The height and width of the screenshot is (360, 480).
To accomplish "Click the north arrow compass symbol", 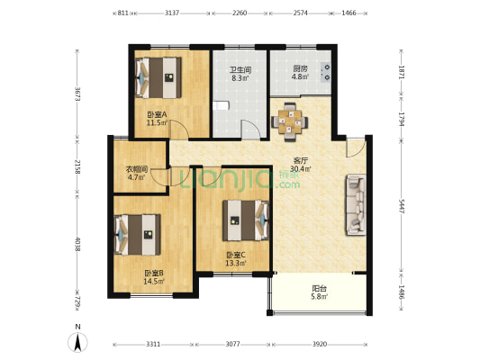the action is click(x=77, y=342).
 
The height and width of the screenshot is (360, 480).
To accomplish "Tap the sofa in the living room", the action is click(x=356, y=204).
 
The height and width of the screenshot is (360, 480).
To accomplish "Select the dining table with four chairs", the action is click(x=290, y=122).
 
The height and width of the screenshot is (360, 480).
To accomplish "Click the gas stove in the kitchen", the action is click(x=326, y=72).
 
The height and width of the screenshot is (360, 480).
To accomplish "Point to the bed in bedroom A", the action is click(x=158, y=77).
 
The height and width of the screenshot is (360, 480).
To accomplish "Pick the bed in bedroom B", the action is click(x=138, y=235).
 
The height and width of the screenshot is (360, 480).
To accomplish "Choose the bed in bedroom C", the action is click(x=246, y=220).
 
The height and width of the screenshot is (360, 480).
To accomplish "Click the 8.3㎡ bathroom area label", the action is click(x=240, y=78).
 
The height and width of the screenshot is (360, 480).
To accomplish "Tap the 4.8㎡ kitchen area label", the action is click(x=300, y=76).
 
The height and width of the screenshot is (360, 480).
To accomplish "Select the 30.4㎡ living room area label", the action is click(x=300, y=168).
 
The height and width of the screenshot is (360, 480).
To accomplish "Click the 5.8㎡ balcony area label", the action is click(x=320, y=296).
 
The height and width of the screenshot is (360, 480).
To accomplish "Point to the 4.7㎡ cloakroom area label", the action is click(x=136, y=177).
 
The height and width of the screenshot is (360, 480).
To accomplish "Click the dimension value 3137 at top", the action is click(x=172, y=13).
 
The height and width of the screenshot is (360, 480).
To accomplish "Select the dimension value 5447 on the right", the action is click(x=402, y=206).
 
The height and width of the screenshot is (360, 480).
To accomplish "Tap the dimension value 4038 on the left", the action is click(x=77, y=245).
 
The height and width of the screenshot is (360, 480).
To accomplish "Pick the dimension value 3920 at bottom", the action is click(x=320, y=345).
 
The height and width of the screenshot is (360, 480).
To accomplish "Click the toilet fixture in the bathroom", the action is click(x=221, y=105).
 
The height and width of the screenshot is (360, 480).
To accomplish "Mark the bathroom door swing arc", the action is click(x=251, y=129).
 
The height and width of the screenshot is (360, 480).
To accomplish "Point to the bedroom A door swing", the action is click(x=179, y=130).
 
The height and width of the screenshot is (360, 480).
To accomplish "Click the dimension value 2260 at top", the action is click(x=240, y=13).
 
